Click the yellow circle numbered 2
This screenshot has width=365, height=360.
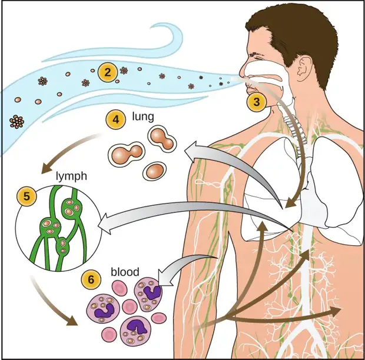(107, 72)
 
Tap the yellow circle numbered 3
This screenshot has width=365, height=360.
(256, 102)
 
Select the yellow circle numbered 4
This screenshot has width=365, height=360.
(116, 119)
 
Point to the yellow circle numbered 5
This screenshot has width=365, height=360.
(26, 196)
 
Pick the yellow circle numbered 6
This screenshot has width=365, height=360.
(91, 279)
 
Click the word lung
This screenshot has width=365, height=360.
(143, 116)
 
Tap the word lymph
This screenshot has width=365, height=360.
(71, 176)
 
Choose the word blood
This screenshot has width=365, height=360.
(125, 272)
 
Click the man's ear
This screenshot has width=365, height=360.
(304, 68)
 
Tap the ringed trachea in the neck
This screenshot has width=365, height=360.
(294, 128)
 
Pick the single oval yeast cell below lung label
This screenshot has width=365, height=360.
(155, 171)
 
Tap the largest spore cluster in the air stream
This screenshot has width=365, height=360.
(16, 122)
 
